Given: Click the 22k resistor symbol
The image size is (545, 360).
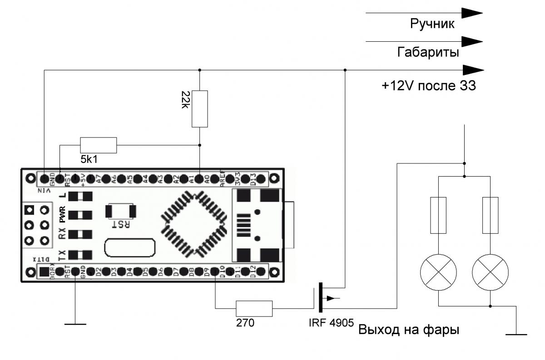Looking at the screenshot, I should tap(200, 109).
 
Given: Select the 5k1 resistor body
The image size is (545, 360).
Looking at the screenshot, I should tap(99, 145).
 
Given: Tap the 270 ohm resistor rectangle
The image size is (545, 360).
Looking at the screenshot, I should tap(254, 309).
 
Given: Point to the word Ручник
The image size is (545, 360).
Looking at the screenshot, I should tap(432, 24).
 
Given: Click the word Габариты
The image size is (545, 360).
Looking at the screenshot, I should tap(428, 53).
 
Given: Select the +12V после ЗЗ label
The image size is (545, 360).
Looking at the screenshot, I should tap(429, 86).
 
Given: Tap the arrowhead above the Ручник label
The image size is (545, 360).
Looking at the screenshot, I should tap(472, 13).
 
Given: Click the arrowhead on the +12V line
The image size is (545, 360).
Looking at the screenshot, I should tap(473, 70).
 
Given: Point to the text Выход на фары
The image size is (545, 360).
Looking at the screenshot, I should tap(409, 330).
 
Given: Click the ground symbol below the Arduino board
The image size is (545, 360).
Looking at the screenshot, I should tap(75, 324).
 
